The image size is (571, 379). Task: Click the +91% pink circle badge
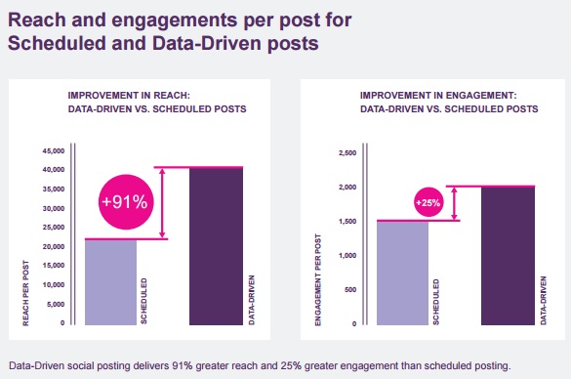point(125,201)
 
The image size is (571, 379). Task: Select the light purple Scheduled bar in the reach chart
point(110,281)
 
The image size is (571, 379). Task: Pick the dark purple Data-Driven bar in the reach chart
point(216,245)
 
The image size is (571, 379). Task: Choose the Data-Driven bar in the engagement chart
point(508,255)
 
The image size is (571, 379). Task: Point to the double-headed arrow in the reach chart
point(165,202)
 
